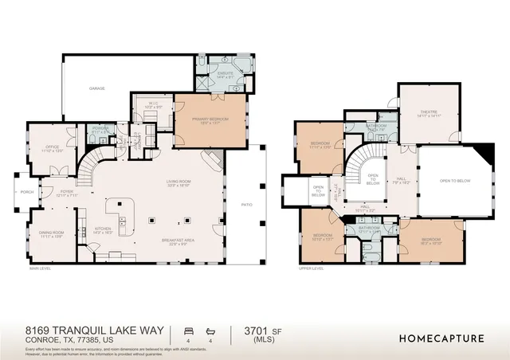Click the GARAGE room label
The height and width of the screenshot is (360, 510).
point(96,88)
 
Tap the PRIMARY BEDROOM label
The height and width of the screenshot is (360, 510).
point(210,120)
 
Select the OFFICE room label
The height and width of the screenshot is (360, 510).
point(53,147)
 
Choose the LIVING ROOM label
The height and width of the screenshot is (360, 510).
point(178,182)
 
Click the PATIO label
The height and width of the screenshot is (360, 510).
point(246,205)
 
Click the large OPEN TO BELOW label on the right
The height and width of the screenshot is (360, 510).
point(455,181)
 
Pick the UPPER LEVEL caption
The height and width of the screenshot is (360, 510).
point(310,268)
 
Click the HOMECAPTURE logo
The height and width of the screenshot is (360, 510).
point(441,338)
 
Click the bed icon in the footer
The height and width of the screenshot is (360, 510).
point(188,329)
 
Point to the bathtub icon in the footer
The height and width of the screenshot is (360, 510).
point(211,329)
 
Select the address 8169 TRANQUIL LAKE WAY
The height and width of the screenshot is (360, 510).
point(94,330)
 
